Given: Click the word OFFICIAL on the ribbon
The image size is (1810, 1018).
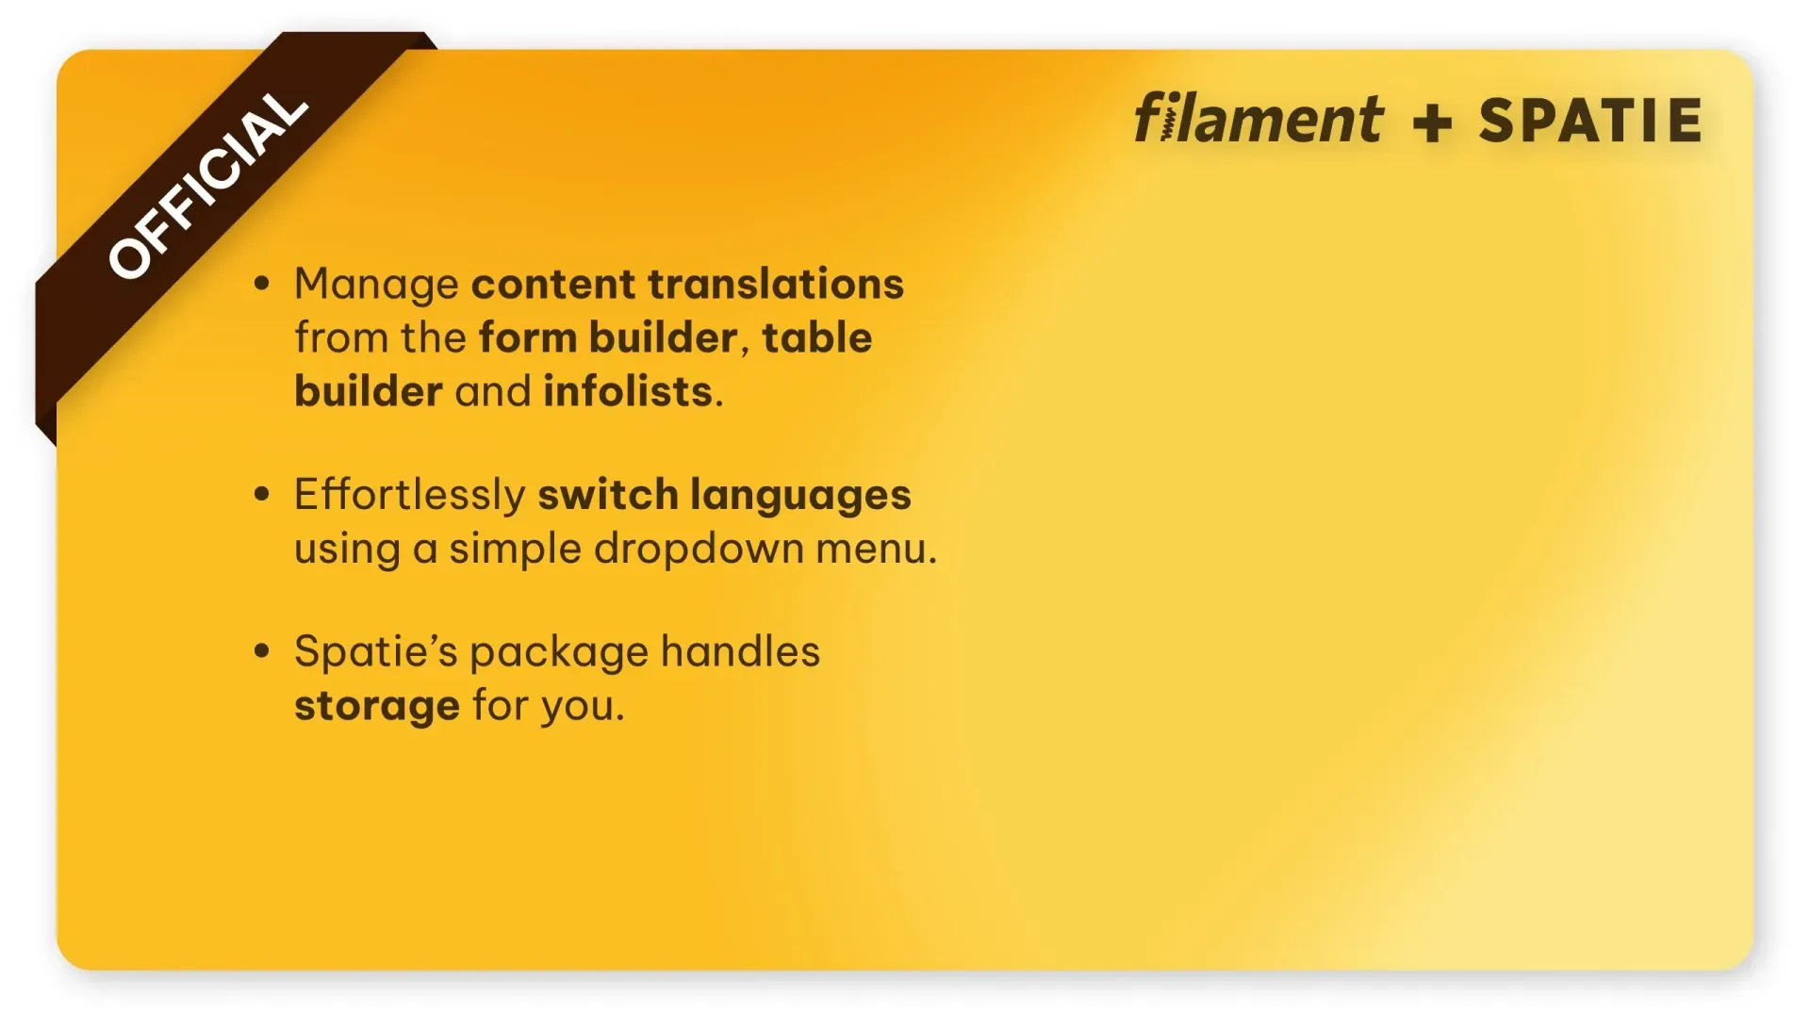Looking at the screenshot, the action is (207, 186).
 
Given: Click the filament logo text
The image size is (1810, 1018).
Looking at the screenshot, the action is (1259, 119).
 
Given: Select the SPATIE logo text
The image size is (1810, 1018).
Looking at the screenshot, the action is (1590, 121).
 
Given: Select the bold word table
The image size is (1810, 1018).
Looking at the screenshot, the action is (817, 337).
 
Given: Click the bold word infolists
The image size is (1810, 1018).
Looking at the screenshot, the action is (627, 391).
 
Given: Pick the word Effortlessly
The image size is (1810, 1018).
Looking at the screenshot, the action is (409, 495).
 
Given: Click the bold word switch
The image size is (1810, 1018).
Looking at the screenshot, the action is (607, 495).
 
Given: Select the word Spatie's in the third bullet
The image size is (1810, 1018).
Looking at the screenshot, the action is (376, 651).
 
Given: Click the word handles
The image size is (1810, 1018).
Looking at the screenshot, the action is (740, 651).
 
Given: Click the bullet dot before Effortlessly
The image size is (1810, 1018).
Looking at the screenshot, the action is (262, 493).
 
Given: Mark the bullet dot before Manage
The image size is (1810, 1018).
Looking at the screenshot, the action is (262, 283).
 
